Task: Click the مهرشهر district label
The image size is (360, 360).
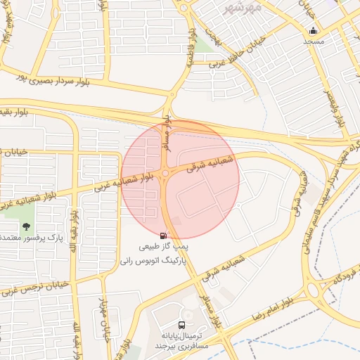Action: pyautogui.click(x=242, y=8)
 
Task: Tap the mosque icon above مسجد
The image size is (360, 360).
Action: pyautogui.click(x=313, y=30)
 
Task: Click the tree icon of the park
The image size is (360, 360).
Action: pyautogui.click(x=27, y=226)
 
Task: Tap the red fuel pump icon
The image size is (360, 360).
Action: pyautogui.click(x=164, y=236)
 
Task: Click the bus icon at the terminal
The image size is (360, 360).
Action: pyautogui.click(x=182, y=325)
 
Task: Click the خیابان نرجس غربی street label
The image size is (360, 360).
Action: pyautogui.click(x=39, y=288)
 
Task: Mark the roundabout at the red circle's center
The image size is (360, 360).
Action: pyautogui.click(x=165, y=173)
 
